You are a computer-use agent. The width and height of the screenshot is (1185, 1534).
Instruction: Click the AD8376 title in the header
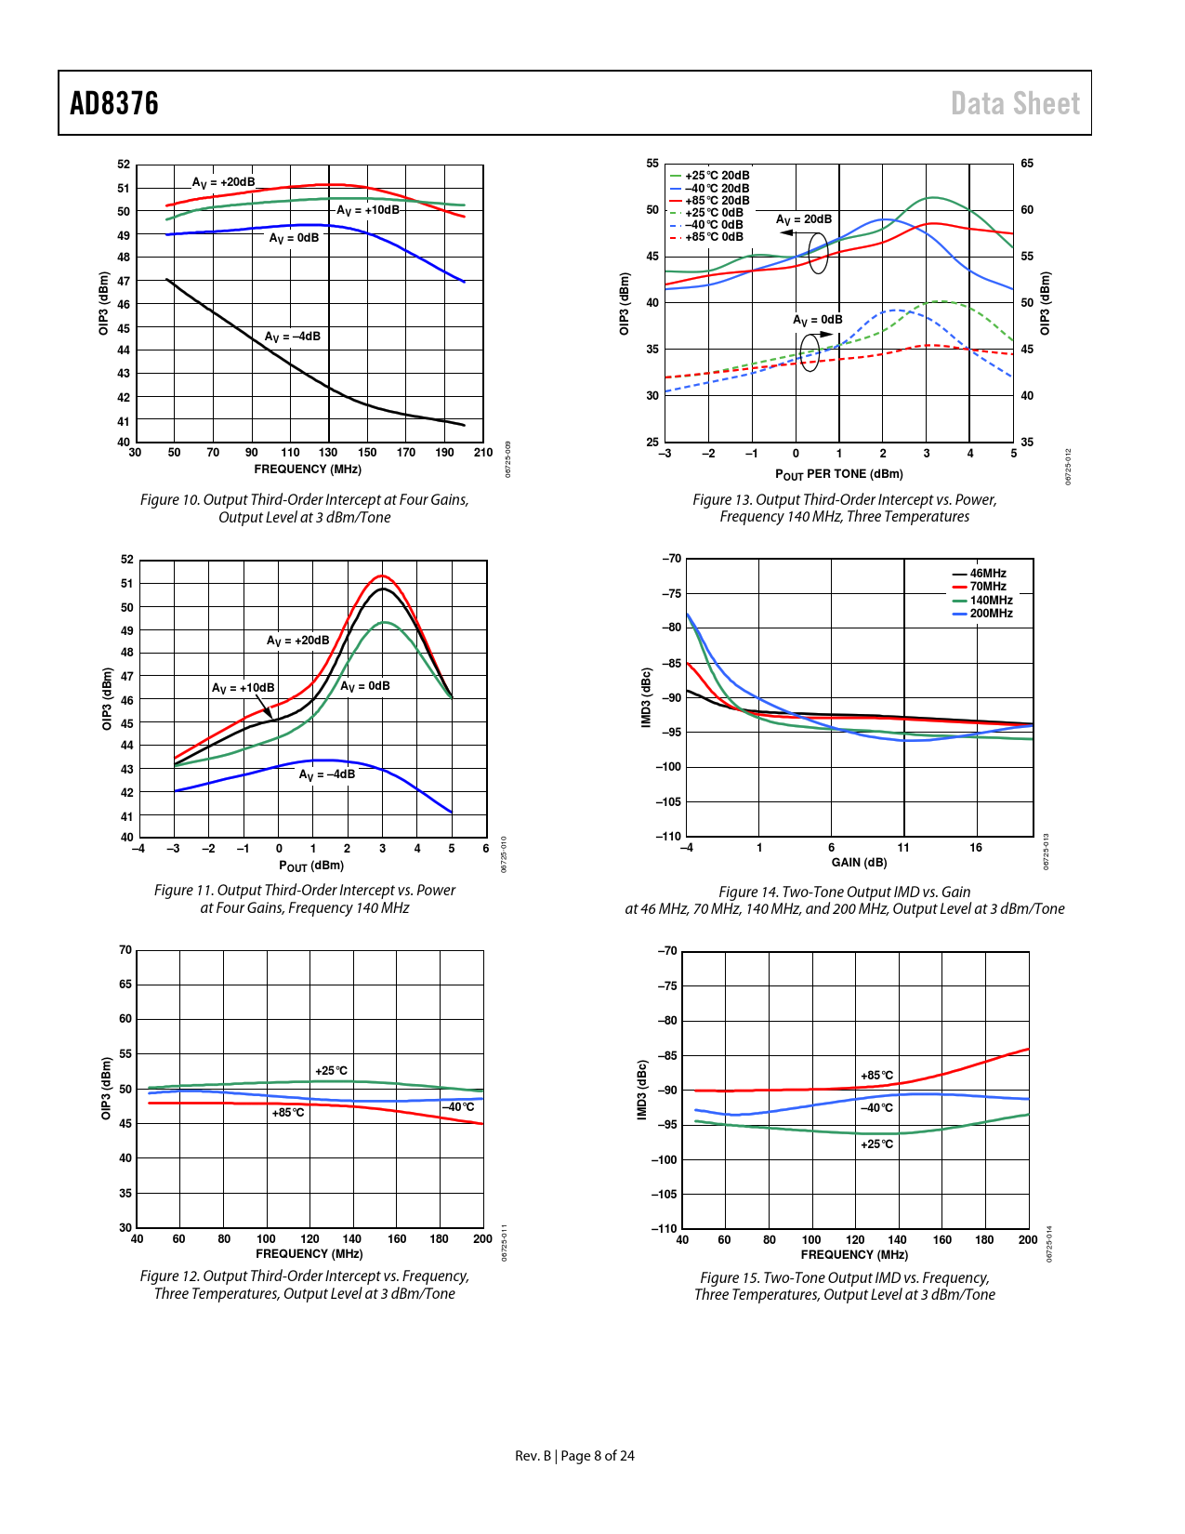tap(114, 103)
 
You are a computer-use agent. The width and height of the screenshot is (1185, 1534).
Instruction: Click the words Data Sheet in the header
tap(1015, 103)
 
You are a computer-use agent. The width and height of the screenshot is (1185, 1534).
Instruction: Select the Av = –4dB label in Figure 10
tap(293, 337)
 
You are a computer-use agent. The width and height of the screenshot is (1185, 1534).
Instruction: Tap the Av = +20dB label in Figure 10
tap(223, 182)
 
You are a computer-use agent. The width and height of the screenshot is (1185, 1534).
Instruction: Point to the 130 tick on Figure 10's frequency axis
tap(328, 453)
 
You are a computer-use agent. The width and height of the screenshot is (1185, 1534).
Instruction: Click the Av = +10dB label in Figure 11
tap(243, 688)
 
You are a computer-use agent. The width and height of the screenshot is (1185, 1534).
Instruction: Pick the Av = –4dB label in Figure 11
tap(326, 774)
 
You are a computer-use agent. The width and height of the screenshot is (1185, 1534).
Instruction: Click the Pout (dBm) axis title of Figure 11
tap(311, 866)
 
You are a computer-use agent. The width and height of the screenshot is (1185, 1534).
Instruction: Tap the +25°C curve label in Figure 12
tap(331, 1071)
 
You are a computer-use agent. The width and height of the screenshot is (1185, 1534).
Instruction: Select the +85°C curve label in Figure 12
tap(288, 1113)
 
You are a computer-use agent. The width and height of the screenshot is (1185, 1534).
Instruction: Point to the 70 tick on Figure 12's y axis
tap(125, 950)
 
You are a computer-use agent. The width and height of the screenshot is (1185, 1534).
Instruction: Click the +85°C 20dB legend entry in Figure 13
tap(717, 201)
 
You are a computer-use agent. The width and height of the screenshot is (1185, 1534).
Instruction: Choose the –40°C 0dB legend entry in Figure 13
tap(714, 225)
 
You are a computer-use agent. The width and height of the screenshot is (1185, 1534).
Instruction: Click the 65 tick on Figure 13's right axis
tap(1027, 164)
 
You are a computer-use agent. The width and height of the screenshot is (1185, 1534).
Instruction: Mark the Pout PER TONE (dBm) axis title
tap(838, 474)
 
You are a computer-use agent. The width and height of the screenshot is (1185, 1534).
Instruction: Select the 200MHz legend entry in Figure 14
tap(991, 614)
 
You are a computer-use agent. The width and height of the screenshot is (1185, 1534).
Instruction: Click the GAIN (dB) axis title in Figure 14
tap(859, 863)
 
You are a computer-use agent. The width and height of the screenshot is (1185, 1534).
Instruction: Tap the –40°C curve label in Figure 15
tap(876, 1108)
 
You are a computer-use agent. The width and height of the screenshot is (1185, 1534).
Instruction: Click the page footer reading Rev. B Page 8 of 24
tap(574, 1456)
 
